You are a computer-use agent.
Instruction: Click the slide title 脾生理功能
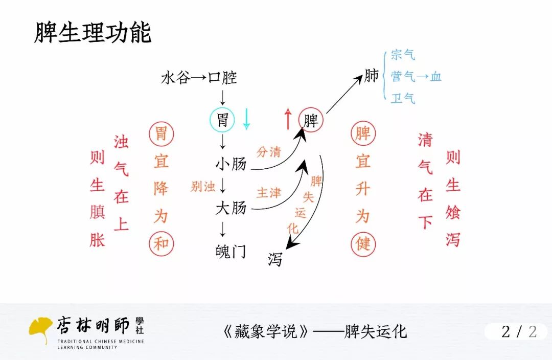pos(93,33)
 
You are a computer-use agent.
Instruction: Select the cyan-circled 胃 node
pos(222,120)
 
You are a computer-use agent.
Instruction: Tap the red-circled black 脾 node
pos(311,121)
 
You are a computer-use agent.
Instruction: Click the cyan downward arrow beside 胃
pos(246,119)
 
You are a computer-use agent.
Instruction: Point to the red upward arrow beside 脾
pos(288,119)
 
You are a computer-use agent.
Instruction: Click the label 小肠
pos(231,164)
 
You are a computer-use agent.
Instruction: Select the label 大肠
pos(231,208)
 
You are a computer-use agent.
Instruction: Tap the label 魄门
pos(231,251)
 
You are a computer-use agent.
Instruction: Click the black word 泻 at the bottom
pos(275,260)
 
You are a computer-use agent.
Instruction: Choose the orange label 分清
pos(269,152)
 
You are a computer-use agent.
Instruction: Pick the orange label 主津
pos(269,193)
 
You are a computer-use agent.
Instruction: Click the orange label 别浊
pos(203,187)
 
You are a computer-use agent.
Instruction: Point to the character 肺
pos(372,76)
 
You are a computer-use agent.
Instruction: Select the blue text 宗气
pos(403,55)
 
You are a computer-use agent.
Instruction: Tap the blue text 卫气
pos(403,98)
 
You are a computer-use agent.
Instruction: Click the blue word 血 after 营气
pos(435,77)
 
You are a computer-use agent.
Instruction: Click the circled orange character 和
pos(162,243)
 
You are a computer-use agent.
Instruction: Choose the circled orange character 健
pos(363,243)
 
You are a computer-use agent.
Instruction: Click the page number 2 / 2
pos(519,331)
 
